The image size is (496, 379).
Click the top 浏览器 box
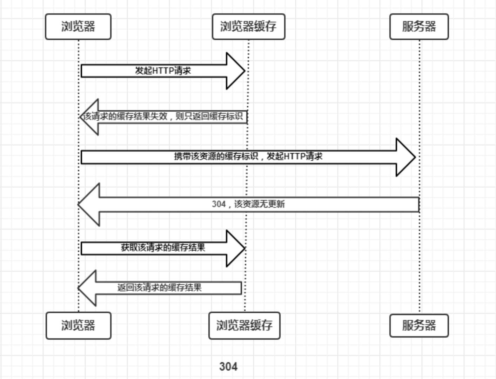click(x=78, y=27)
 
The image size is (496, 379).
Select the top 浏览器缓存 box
click(x=248, y=27)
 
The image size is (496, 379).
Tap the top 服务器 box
click(x=419, y=27)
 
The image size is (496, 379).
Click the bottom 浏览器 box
click(x=78, y=325)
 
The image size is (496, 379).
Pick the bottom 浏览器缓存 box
click(x=244, y=325)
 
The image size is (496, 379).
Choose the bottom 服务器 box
click(x=419, y=325)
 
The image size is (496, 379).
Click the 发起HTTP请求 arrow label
click(x=163, y=71)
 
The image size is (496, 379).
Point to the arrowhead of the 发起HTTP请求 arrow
click(x=236, y=71)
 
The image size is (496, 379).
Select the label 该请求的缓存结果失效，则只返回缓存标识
click(x=163, y=117)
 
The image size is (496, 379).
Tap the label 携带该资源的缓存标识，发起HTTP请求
click(x=248, y=157)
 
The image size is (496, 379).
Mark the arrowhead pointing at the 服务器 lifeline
click(x=405, y=157)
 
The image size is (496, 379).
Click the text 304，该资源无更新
click(x=248, y=204)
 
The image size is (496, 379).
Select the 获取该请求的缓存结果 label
click(x=163, y=248)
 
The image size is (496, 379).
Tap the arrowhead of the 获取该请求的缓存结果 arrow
click(x=236, y=248)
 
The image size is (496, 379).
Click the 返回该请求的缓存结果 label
click(x=160, y=288)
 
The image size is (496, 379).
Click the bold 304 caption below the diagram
click(x=228, y=367)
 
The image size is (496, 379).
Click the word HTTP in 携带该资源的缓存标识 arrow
click(x=294, y=157)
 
